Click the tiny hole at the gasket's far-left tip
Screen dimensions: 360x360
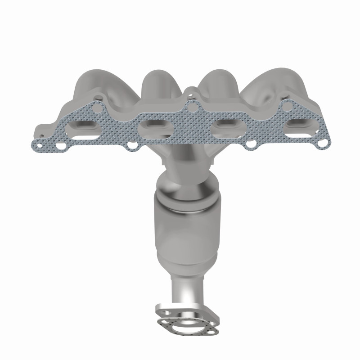(x=39, y=145)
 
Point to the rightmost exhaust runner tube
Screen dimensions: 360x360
(x=288, y=88)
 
